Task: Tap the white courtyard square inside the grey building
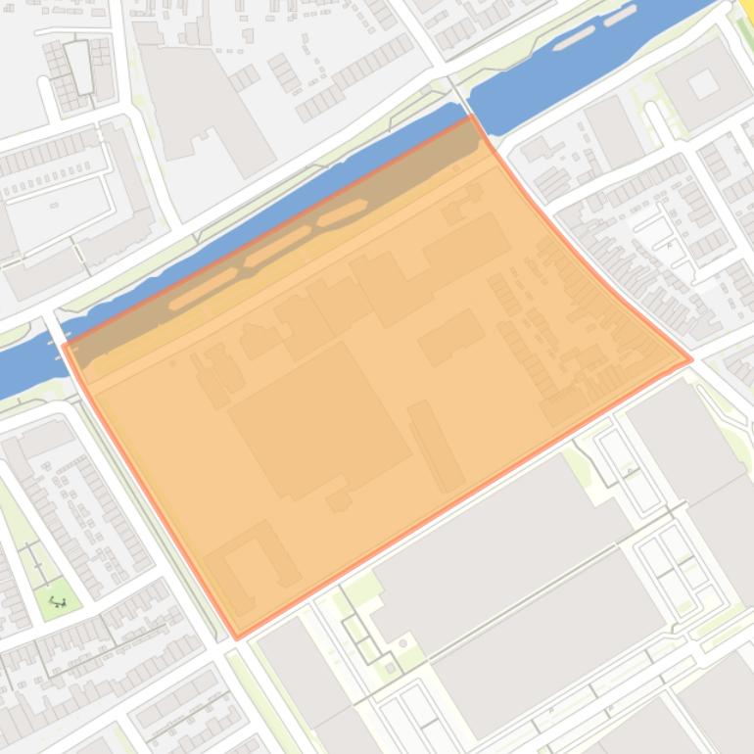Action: click(704, 85)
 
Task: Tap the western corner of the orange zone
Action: click(64, 346)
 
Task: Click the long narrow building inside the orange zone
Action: click(437, 446)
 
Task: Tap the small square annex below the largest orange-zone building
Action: click(339, 500)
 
